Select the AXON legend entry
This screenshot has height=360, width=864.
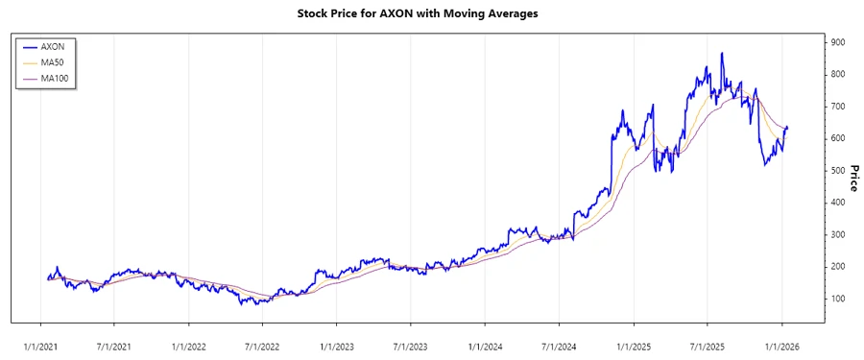pos(53,45)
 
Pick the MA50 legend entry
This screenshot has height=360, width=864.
pos(53,61)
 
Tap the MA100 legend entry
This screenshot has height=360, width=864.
pos(56,78)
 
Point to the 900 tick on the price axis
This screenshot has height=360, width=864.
pos(838,42)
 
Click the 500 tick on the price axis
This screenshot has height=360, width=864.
pos(838,171)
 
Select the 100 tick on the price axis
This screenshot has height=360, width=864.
pos(838,299)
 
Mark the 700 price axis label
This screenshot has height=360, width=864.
pos(838,107)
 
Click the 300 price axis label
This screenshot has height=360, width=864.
pos(838,234)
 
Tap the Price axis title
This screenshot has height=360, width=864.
pos(853,177)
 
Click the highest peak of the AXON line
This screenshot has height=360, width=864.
pos(722,54)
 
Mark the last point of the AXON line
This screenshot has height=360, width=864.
pos(788,128)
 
